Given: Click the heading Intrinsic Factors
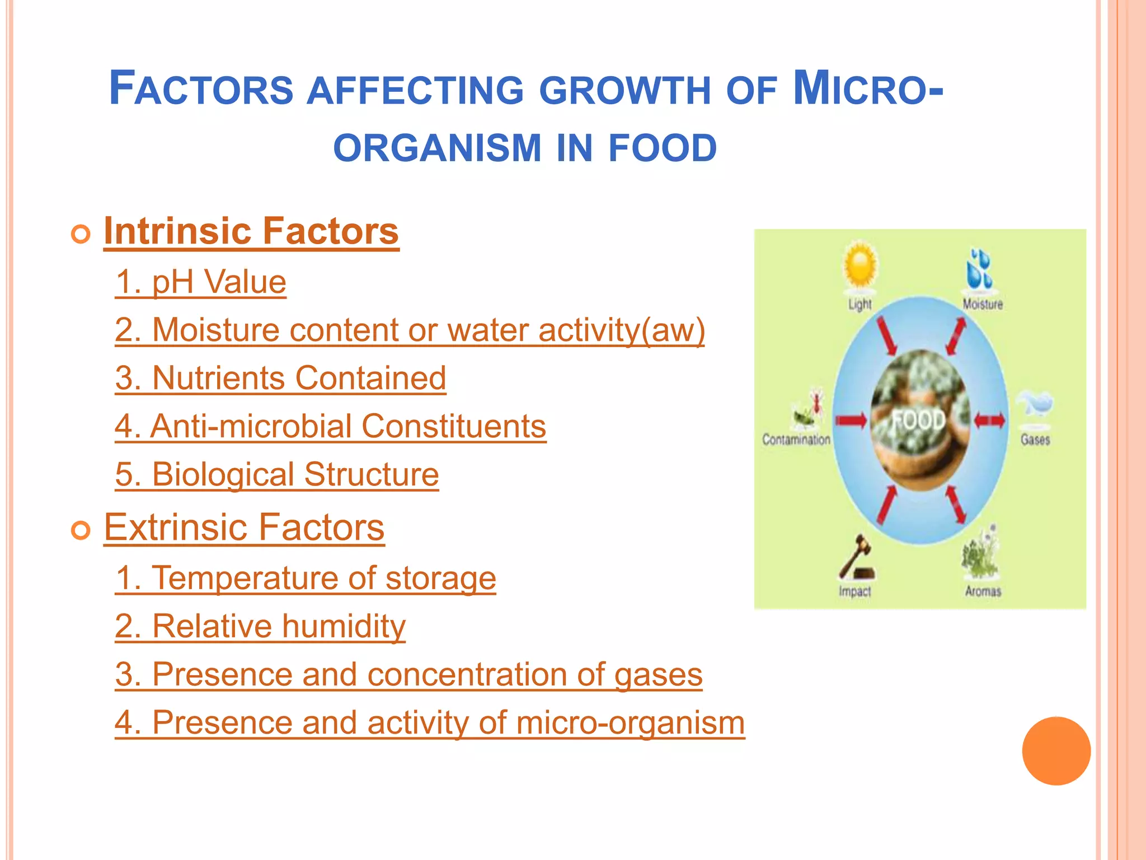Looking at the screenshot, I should click(251, 231).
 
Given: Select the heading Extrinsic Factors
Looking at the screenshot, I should click(244, 527).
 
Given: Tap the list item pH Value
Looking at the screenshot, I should click(200, 282).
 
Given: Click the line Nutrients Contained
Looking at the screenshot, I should click(280, 378).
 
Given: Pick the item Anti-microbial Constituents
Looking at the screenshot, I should click(330, 426).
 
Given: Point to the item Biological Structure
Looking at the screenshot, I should click(277, 475).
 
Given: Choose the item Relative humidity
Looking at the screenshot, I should click(260, 626).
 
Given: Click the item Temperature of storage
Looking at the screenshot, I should click(306, 578).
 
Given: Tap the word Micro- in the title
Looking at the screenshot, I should click(868, 88).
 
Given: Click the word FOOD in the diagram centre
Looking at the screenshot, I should click(918, 420).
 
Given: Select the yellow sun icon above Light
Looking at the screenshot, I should click(860, 265).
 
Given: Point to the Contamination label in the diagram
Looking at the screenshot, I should click(796, 440).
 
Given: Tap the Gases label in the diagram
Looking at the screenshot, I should click(1035, 440).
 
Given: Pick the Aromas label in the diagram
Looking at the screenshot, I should click(983, 591).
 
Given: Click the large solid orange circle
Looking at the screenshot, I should click(1056, 751).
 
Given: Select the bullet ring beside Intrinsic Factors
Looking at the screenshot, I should click(81, 234).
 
